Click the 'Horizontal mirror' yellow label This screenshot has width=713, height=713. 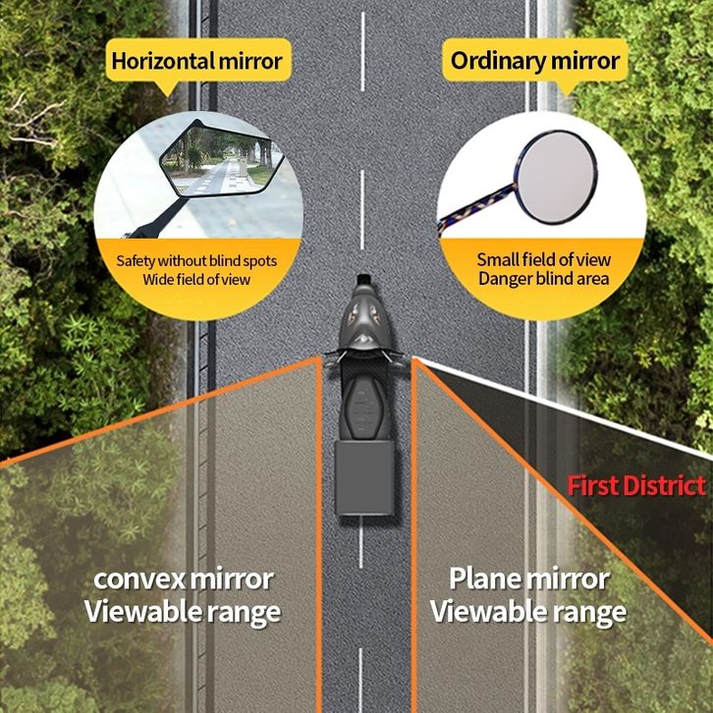point(196,61)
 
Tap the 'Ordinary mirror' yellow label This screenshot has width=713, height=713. point(535,61)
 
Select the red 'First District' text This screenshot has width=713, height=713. point(636,486)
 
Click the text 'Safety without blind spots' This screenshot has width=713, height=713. point(196,261)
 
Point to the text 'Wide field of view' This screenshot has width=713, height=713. point(196,280)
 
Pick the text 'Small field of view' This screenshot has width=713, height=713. point(544,260)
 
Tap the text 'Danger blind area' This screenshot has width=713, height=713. point(544,279)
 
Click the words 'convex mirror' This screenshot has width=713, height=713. point(185,578)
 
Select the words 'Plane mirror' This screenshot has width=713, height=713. point(528,578)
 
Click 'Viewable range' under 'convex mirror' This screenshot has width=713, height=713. point(183,612)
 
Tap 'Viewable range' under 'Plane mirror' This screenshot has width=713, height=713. point(528,612)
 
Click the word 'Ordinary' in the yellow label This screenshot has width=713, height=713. point(492,61)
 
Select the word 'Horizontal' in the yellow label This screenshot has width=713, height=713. point(159,61)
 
